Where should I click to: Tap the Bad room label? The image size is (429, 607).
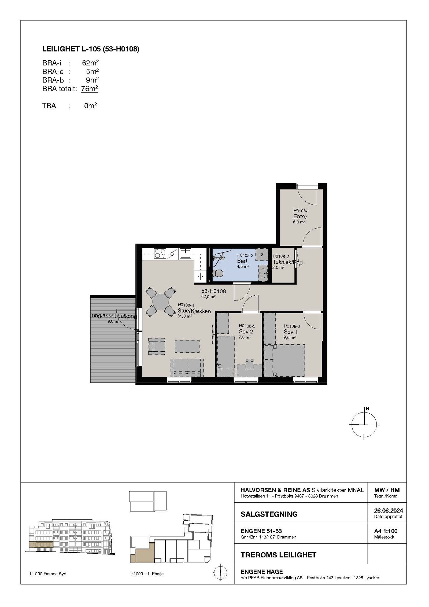coord(242,261)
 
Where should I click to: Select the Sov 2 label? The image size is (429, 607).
coord(246,332)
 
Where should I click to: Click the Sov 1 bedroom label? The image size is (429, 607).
coord(291,332)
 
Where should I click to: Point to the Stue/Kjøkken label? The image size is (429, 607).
coord(194,311)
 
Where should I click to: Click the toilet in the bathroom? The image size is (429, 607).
coord(219,273)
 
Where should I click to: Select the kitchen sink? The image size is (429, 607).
coord(185,253)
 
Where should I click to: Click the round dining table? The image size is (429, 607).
coord(161,302)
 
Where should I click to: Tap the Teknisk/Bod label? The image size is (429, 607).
coord(287,262)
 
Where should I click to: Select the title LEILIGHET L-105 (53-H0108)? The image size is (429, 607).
coord(91,49)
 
